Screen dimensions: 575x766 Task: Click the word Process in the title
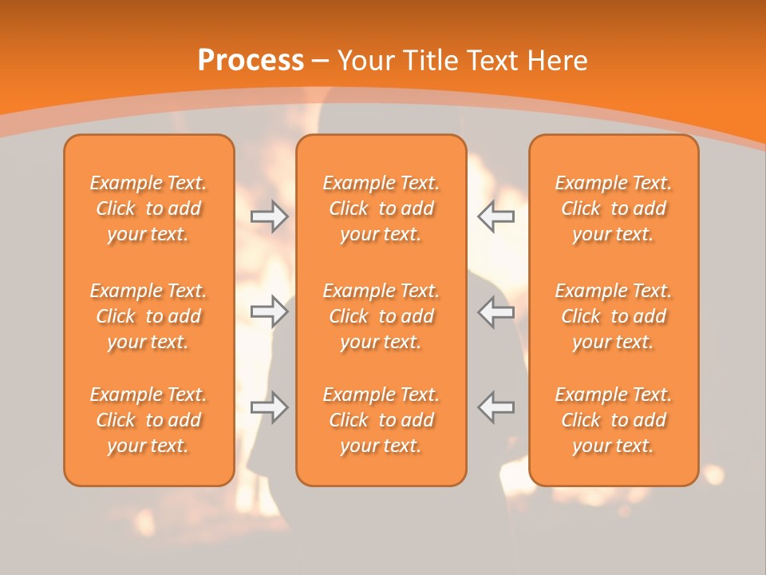(251, 61)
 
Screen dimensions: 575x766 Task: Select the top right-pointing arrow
(270, 216)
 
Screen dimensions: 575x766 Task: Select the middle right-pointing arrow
(270, 311)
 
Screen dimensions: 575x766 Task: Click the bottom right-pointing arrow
(270, 407)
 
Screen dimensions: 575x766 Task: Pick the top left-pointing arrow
(496, 216)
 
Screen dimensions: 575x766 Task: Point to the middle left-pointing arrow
(496, 311)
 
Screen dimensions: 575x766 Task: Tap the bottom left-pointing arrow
(496, 407)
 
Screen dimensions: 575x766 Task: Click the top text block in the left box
(148, 208)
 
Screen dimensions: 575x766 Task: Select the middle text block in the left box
(148, 316)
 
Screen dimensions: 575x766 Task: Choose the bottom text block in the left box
(148, 420)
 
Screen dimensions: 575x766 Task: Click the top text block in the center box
(381, 208)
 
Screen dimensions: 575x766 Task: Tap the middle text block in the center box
(381, 316)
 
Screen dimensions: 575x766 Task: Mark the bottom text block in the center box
(381, 420)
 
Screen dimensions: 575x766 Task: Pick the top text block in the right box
(614, 208)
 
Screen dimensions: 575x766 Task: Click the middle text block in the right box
(614, 316)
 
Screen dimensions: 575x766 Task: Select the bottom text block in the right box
(614, 420)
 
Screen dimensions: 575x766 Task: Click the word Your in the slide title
(365, 61)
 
